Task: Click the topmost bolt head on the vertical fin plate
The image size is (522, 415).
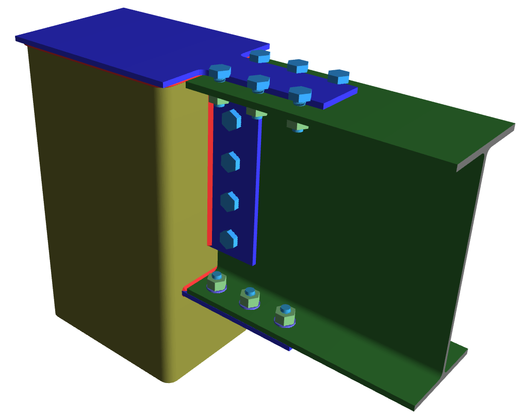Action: pos(231,120)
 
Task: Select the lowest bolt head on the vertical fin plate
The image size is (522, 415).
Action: pos(229,239)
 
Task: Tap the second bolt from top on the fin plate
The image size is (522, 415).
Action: pos(230,161)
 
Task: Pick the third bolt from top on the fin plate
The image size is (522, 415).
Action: pos(230,201)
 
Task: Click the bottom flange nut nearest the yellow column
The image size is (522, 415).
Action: pos(217,283)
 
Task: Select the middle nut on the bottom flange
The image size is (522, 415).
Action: pos(249,298)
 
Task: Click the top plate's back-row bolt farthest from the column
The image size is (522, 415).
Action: pos(339,77)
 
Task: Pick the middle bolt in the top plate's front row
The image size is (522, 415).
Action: pos(258,82)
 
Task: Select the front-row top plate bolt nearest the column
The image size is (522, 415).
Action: pos(220,71)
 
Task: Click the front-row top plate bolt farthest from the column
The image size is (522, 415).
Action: pos(300,95)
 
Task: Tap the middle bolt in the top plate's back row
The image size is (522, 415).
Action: pos(298,66)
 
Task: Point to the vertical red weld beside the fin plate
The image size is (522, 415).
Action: pos(210,175)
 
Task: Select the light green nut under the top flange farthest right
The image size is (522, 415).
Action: pos(298,125)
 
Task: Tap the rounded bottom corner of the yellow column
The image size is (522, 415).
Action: pos(168,379)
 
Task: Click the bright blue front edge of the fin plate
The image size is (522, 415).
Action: pos(257,191)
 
